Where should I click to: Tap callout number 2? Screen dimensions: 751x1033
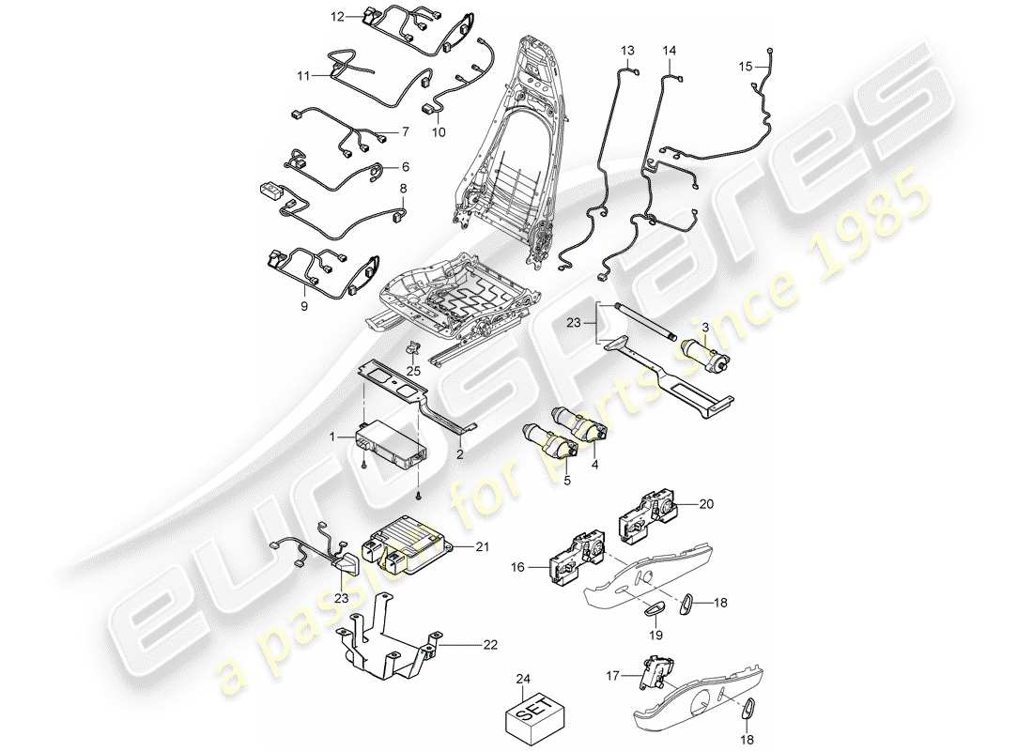[x=460, y=454]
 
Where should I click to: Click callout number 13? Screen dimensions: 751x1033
[x=627, y=49]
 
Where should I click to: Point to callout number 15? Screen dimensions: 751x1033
[x=745, y=67]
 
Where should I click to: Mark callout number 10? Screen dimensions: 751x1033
[x=439, y=133]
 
